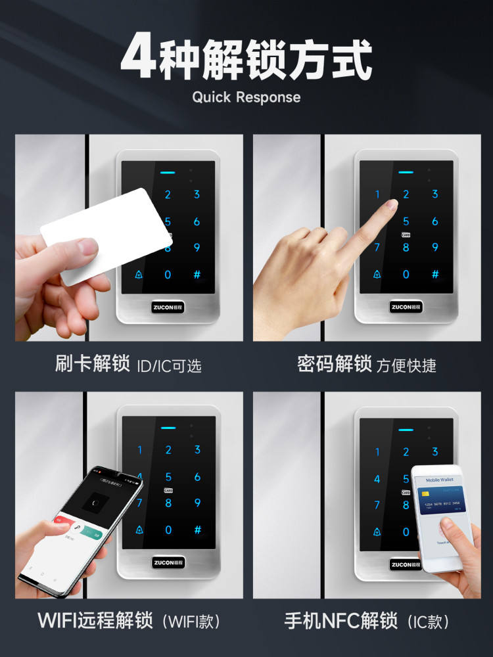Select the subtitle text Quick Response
pyautogui.click(x=246, y=97)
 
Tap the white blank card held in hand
pyautogui.click(x=105, y=234)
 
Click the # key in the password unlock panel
pyautogui.click(x=434, y=274)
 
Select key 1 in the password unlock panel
pyautogui.click(x=377, y=194)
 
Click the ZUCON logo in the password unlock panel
pyautogui.click(x=406, y=307)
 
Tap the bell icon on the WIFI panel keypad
pyautogui.click(x=139, y=530)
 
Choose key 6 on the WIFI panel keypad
pyautogui.click(x=197, y=478)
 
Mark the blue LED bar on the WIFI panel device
pyautogui.click(x=168, y=428)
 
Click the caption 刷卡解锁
pyautogui.click(x=93, y=364)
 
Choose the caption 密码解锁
pyautogui.click(x=335, y=364)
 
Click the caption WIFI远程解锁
pyautogui.click(x=95, y=620)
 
